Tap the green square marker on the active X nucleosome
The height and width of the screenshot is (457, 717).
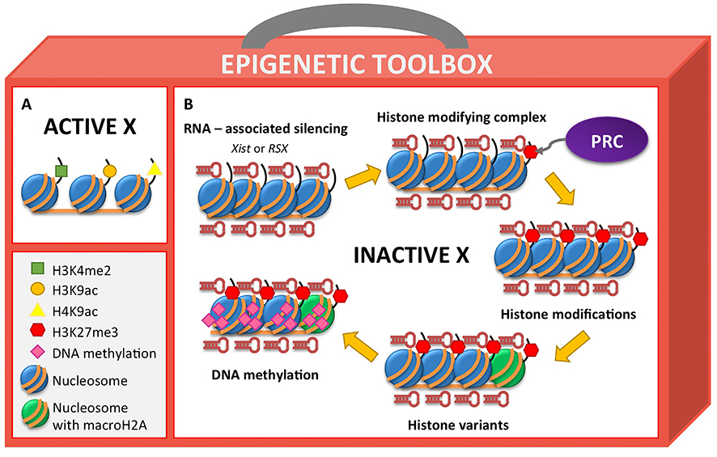click(60, 171)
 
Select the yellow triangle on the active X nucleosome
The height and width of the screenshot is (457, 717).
click(153, 168)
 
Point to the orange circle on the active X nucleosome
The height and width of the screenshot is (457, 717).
click(110, 171)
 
